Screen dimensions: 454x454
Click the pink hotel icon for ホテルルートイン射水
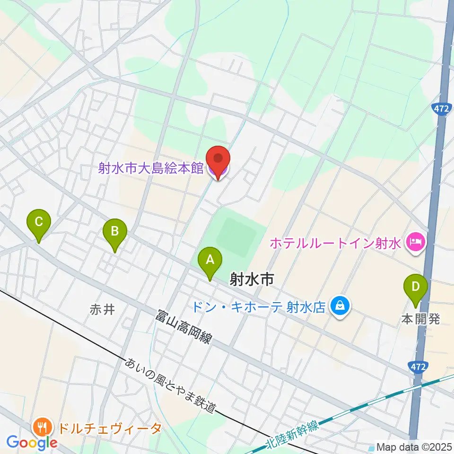click(416, 243)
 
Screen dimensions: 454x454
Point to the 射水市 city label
click(252, 280)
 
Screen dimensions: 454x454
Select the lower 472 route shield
click(416, 367)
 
